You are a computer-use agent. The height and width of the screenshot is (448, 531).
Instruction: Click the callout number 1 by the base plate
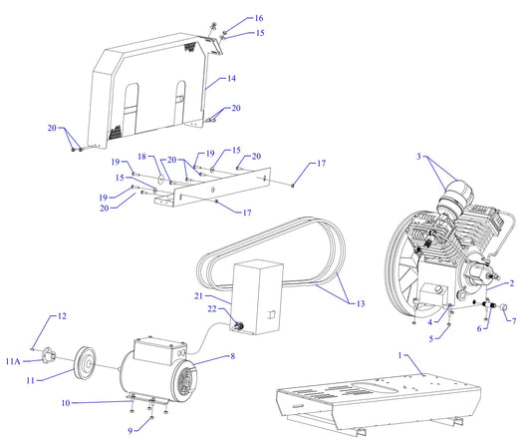(x=401, y=356)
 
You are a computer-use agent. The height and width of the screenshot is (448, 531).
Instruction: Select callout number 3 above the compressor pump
(x=419, y=157)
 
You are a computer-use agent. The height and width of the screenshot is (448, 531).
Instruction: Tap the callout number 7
(x=514, y=321)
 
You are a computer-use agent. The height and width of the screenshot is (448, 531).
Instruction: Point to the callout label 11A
(x=13, y=360)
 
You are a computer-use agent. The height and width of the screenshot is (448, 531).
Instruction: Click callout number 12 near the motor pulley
(x=61, y=316)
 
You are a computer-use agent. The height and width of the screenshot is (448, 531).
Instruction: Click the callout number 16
(x=231, y=18)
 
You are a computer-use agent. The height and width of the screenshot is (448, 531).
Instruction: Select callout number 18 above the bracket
(x=141, y=157)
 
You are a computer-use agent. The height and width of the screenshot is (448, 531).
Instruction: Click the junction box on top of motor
(x=155, y=350)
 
